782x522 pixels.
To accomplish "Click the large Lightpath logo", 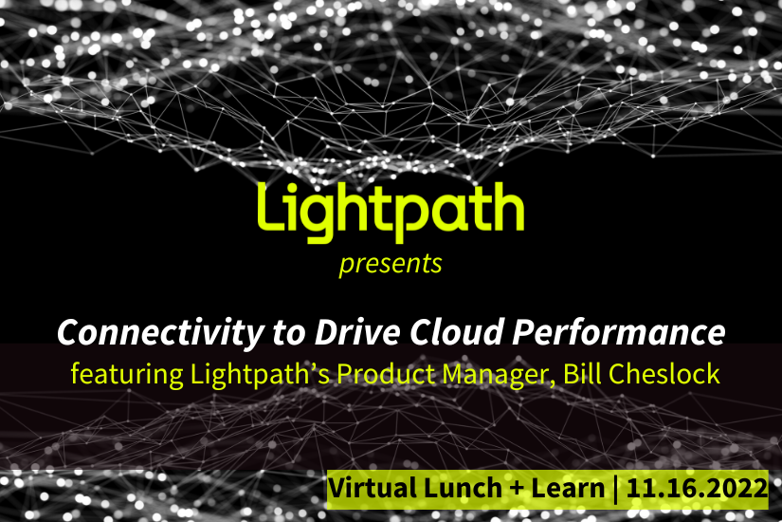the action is tap(391, 212).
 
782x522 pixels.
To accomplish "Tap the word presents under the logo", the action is tap(391, 264).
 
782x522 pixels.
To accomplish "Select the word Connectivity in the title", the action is tap(160, 333).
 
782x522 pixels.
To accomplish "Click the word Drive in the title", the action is tap(357, 332).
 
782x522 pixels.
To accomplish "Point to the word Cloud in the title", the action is tap(457, 332).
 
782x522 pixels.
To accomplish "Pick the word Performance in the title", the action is tap(619, 333).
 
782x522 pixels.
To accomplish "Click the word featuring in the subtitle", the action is tap(127, 374).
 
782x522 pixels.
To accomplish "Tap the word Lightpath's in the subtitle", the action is tap(260, 374).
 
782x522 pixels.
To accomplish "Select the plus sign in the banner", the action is tap(517, 489).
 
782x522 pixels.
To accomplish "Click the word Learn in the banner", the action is tap(568, 488).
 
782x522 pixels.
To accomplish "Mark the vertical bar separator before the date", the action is tap(615, 490).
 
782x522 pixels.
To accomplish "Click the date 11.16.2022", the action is tap(698, 488).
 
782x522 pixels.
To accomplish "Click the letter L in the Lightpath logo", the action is tap(273, 206).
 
